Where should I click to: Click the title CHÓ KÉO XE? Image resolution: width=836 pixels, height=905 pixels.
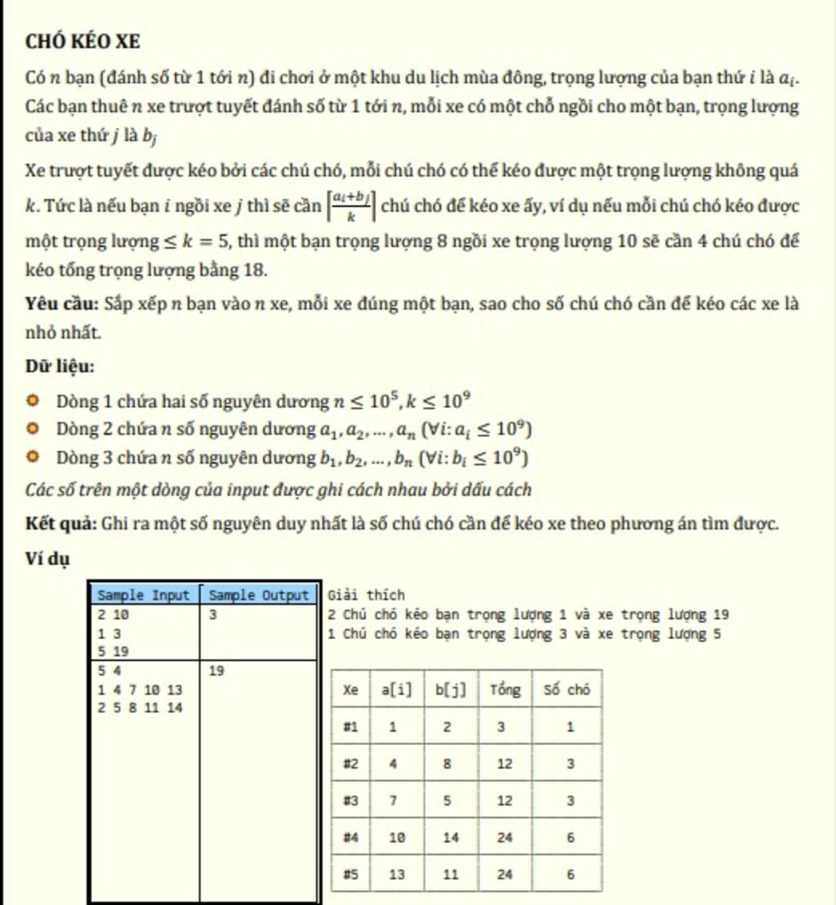click(x=82, y=41)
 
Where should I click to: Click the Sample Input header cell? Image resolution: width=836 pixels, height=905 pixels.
click(x=143, y=595)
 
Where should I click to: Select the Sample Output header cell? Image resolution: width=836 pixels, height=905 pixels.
click(x=258, y=595)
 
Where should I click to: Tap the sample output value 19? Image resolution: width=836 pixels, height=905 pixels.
click(x=217, y=670)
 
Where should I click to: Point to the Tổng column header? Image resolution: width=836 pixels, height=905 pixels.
click(x=505, y=690)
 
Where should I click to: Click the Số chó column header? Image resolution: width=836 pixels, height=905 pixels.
click(x=567, y=690)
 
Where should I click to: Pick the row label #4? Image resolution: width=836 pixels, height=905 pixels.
click(x=350, y=837)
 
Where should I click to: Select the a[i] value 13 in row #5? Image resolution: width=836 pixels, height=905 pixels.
click(x=397, y=875)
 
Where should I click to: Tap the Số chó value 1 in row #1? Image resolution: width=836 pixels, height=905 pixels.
click(x=569, y=727)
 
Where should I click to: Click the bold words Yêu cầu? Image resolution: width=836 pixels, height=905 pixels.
click(x=61, y=304)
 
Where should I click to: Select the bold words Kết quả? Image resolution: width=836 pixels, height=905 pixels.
click(x=61, y=523)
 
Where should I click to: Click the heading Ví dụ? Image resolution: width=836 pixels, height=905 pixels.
click(x=47, y=559)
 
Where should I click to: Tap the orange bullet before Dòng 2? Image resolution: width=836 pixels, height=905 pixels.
click(x=33, y=429)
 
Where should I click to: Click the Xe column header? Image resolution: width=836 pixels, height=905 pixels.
click(x=350, y=690)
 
